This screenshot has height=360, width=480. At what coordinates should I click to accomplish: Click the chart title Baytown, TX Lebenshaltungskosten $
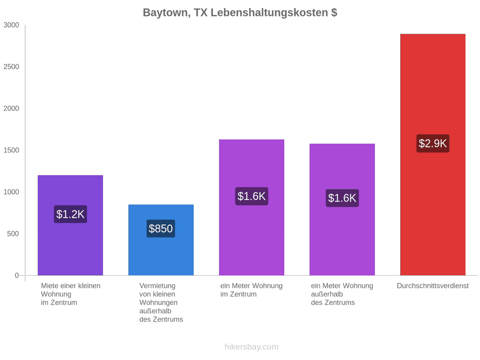[x=240, y=13]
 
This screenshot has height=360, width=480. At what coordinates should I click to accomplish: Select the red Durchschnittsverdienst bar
[x=433, y=155]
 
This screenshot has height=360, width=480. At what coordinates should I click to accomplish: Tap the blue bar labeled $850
[x=161, y=240]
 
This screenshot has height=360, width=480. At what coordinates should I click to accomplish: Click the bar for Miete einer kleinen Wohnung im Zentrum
[x=70, y=225]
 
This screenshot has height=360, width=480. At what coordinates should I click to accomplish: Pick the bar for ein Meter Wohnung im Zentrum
[x=252, y=207]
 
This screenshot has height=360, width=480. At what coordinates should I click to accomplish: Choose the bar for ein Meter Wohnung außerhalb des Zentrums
[x=342, y=210]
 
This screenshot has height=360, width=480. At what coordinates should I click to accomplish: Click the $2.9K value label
[x=433, y=143]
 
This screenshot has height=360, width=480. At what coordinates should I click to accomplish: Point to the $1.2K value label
[x=70, y=214]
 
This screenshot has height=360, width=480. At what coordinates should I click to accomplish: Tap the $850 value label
[x=161, y=228]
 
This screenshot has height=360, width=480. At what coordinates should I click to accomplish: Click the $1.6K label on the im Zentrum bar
[x=252, y=196]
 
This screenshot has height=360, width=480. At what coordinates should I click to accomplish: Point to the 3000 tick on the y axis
[x=11, y=25]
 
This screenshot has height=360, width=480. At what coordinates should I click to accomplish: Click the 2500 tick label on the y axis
[x=11, y=67]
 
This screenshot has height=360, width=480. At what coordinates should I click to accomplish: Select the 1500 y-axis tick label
[x=11, y=150]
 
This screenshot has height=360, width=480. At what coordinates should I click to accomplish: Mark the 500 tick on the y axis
[x=13, y=234]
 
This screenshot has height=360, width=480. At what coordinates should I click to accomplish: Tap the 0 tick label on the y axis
[x=17, y=276]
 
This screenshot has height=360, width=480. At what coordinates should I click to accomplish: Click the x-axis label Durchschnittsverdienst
[x=433, y=286]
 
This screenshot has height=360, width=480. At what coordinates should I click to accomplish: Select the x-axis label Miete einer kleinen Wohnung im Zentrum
[x=71, y=294]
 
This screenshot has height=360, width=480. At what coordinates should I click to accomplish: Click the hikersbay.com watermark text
[x=252, y=347]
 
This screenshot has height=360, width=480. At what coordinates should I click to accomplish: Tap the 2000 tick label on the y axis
[x=11, y=108]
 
